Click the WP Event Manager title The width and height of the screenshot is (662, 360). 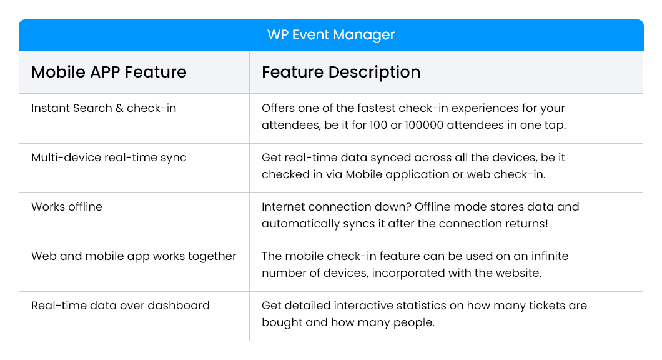331,35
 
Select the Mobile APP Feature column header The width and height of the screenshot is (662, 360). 109,72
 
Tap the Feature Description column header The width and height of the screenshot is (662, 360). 340,72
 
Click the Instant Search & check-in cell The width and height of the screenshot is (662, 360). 104,108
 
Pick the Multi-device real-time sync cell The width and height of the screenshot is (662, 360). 109,157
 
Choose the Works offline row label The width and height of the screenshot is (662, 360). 67,207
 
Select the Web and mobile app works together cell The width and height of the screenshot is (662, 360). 134,256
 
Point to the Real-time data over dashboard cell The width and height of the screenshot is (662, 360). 120,306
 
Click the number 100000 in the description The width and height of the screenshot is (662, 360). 431,124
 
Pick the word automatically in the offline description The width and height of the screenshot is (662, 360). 298,223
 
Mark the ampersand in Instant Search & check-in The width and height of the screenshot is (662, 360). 119,108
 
